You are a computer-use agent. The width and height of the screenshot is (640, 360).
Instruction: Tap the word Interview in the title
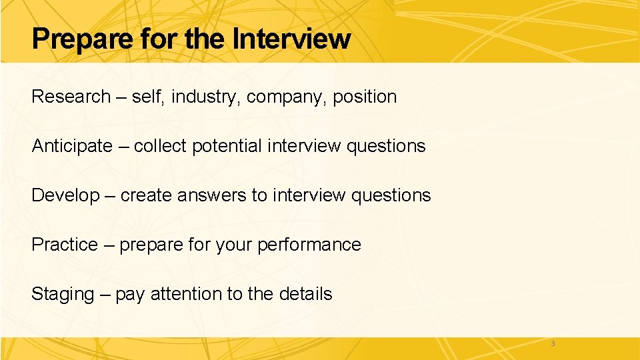(291, 39)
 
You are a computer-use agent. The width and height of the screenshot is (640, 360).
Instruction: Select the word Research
(71, 97)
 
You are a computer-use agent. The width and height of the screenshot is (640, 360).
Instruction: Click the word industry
(206, 97)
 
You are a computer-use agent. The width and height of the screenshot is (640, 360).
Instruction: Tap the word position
(365, 97)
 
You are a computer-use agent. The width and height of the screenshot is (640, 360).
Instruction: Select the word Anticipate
(72, 146)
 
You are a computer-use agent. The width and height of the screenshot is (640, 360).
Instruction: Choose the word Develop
(65, 196)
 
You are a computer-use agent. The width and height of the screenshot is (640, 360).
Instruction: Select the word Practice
(65, 245)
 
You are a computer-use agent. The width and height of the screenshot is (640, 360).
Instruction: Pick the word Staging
(63, 295)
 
